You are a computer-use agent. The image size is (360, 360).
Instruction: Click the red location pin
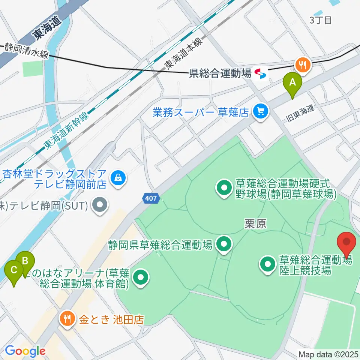click(346, 243)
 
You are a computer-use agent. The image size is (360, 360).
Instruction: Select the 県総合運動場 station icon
click(259, 73)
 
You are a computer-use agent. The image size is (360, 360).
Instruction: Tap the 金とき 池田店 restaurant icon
click(68, 319)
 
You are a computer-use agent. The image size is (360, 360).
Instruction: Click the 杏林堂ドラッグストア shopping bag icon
click(118, 177)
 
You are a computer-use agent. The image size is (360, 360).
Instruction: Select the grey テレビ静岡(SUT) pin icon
click(100, 205)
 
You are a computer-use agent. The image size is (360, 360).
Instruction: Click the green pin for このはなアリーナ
click(141, 277)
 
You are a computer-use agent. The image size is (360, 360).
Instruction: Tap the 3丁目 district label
click(321, 20)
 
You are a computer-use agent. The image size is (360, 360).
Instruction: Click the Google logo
click(25, 351)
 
